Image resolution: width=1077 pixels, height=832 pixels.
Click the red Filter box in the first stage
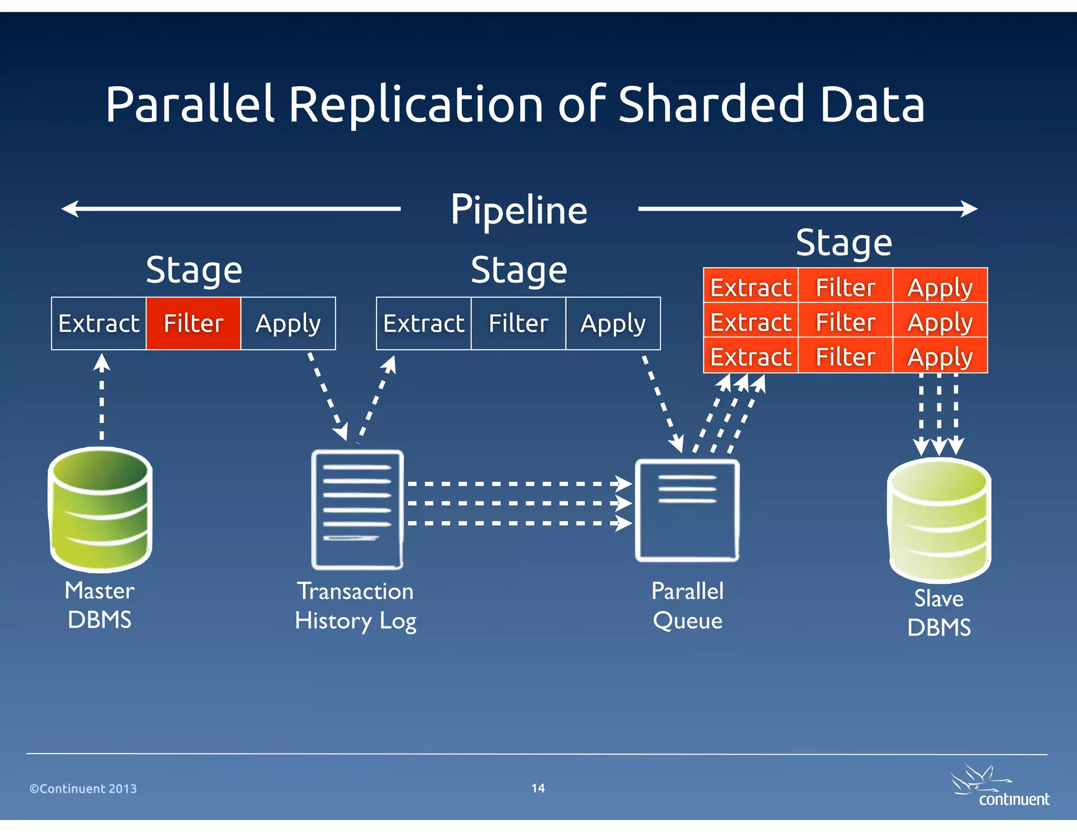(x=194, y=323)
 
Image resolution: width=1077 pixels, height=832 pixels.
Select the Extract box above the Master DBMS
(x=99, y=323)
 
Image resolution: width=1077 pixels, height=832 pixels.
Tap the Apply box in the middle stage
(x=613, y=323)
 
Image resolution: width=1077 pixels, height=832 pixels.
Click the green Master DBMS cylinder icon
(x=100, y=509)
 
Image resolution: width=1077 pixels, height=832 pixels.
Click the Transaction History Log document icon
(x=357, y=509)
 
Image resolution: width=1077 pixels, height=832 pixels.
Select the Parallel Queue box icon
(x=687, y=510)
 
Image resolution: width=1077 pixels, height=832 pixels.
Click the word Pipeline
(x=519, y=210)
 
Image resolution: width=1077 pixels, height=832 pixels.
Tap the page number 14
(x=537, y=788)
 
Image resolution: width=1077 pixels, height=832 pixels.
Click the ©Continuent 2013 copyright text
(x=83, y=788)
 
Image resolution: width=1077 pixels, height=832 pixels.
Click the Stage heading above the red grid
(x=844, y=242)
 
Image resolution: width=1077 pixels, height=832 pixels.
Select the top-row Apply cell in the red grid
(x=940, y=287)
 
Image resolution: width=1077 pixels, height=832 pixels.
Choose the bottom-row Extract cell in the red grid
(x=751, y=357)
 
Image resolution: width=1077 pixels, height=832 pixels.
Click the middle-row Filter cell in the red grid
(x=845, y=322)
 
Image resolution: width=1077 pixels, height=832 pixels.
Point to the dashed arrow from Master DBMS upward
(x=101, y=400)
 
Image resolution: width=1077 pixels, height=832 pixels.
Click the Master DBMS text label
(x=99, y=605)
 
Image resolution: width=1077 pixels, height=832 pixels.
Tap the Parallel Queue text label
(x=687, y=605)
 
